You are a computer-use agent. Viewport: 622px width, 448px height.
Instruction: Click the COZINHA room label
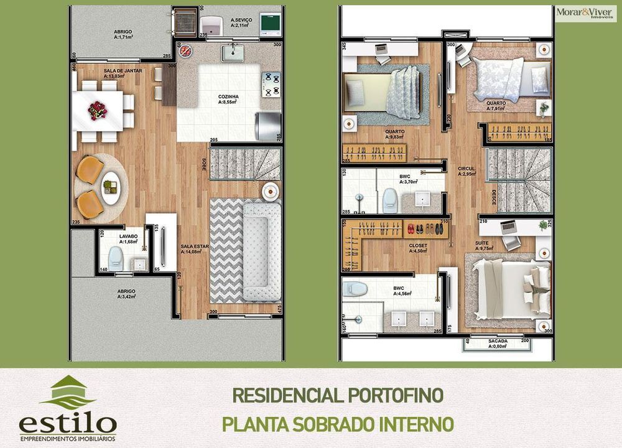point(228,97)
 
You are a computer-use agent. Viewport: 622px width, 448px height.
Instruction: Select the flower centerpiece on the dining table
point(98,111)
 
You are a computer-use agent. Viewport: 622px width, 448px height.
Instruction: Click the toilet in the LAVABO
point(115,256)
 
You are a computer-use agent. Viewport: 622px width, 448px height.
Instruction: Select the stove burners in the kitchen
point(272,85)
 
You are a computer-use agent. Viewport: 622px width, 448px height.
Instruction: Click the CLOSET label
point(418,245)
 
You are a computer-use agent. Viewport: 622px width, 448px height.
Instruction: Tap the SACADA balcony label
point(498,341)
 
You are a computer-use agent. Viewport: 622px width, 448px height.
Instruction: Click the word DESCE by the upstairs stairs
point(494,198)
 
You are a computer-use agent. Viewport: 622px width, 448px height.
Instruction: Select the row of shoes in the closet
point(426,228)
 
